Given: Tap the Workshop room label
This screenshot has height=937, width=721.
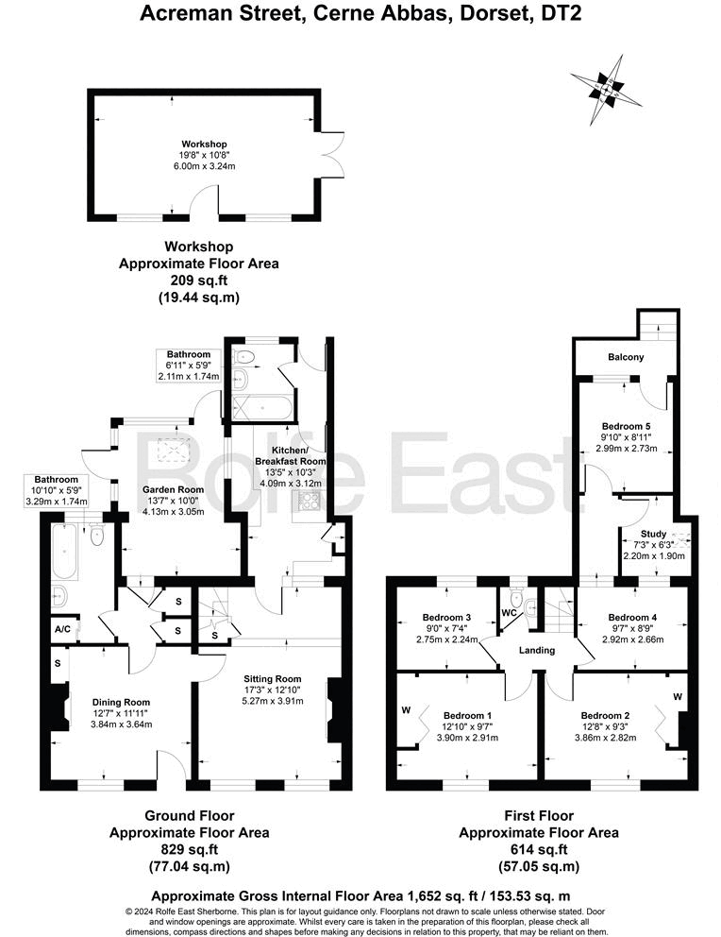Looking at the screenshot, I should coord(205,144).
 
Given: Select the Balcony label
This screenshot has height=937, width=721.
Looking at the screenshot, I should coord(626,357).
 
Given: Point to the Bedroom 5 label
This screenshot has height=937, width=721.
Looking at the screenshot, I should coord(626,424).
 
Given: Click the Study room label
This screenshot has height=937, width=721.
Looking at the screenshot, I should coord(653,534).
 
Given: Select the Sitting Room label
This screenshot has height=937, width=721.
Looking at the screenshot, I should coord(272,678).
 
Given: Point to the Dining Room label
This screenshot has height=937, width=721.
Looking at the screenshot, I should coord(122,702).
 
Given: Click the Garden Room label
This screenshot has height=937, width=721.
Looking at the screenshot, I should coord(174,489).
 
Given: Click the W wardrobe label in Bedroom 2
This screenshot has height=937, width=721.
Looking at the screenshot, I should coord(678,696).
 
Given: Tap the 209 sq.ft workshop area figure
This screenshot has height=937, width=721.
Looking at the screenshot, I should coord(198,281).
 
